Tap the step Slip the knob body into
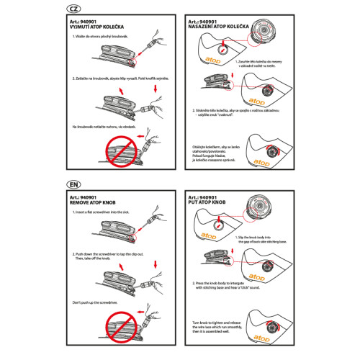[266, 238]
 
